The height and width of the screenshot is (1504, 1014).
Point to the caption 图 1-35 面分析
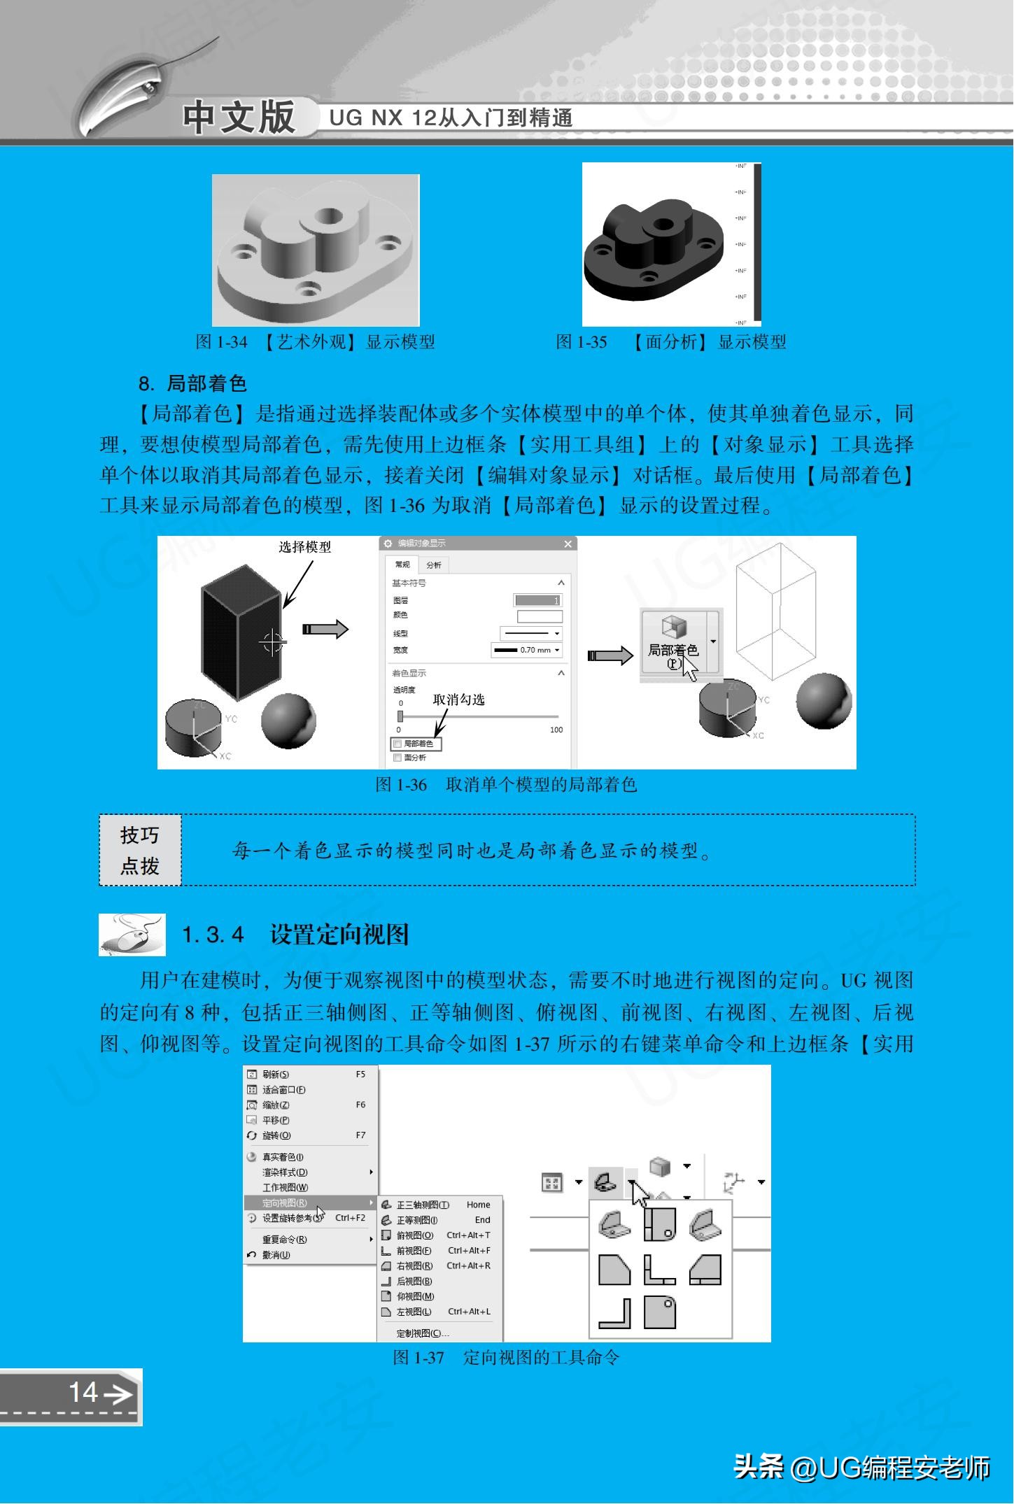tap(670, 342)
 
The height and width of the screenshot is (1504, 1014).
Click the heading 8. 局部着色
tap(192, 383)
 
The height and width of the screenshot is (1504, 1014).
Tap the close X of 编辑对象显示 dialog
tap(568, 544)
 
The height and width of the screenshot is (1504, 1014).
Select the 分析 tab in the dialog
tap(434, 565)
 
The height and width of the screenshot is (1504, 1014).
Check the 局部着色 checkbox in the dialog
tap(398, 744)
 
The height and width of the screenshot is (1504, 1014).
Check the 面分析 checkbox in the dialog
tap(398, 758)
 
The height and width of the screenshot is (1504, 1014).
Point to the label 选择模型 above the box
tap(304, 547)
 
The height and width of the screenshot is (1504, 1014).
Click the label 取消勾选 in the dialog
tap(458, 700)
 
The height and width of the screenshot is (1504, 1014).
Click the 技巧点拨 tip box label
tap(140, 850)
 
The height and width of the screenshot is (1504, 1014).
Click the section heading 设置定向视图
tap(339, 935)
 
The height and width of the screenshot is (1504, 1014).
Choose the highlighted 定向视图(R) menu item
tap(285, 1203)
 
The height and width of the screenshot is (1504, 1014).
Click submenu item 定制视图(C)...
tap(422, 1333)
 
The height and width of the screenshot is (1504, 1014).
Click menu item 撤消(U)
tap(276, 1255)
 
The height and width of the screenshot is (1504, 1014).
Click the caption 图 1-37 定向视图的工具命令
tap(506, 1358)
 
